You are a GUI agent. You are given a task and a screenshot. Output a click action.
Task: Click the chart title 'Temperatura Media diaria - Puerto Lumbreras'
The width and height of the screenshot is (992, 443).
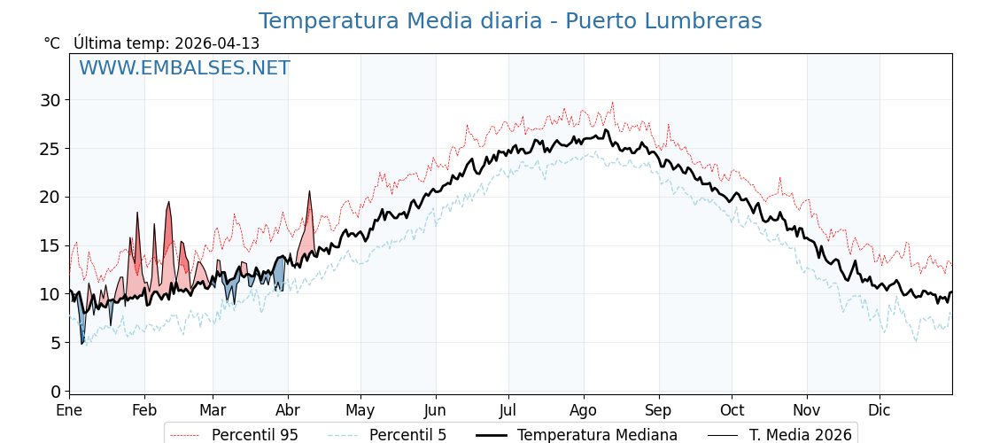point(509,21)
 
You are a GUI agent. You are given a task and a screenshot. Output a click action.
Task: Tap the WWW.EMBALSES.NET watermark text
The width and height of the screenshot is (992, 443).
point(184,68)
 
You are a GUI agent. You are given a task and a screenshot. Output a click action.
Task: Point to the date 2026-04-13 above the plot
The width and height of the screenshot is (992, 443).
point(217,43)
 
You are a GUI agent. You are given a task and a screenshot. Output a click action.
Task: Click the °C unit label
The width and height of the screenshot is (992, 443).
point(51,43)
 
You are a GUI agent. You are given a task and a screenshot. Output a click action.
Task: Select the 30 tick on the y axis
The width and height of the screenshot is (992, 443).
point(50,100)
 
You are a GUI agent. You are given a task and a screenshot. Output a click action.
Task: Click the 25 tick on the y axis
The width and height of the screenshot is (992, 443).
point(50,149)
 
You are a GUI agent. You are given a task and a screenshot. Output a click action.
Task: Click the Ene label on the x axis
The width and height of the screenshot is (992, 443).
point(69,411)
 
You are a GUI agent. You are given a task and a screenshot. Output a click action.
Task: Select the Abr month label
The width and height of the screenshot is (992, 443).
point(288,411)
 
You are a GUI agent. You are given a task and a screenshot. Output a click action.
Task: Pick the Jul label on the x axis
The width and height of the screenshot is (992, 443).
point(508,411)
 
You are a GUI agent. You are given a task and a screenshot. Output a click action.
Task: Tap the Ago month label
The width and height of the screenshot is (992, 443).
point(583,411)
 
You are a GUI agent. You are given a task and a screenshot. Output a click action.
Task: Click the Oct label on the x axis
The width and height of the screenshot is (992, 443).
point(732,411)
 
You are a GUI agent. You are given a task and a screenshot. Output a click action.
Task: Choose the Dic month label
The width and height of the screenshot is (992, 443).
point(880,411)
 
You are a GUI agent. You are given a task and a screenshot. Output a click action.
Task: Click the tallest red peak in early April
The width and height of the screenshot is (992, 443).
point(309,192)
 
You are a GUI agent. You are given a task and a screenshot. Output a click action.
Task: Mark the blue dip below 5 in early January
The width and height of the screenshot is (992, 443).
point(81,342)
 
